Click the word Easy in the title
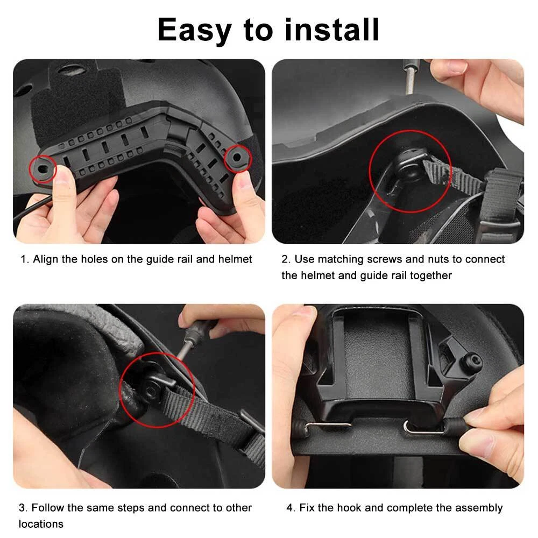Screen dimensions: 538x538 pos(194,31)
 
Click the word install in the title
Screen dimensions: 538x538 pos(332,30)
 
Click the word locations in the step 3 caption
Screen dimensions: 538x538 pos(41,524)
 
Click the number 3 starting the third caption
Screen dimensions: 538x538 pos(22,508)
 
